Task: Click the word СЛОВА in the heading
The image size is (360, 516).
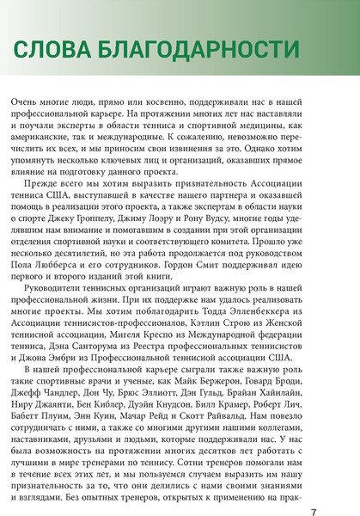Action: coord(51,50)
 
